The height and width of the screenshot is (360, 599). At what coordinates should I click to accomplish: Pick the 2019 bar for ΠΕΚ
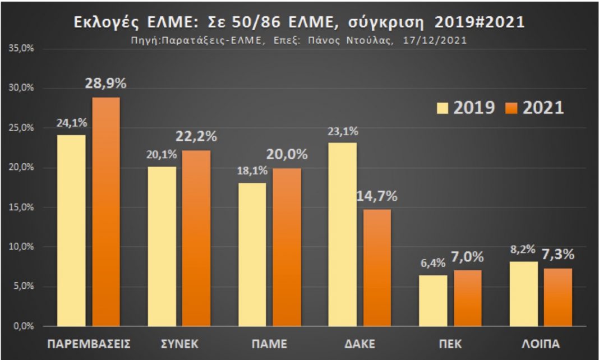pyautogui.click(x=434, y=301)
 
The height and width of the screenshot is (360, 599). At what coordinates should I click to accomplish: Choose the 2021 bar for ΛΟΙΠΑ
pyautogui.click(x=559, y=297)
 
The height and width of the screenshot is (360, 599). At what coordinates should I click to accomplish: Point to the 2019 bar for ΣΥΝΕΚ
pyautogui.click(x=162, y=246)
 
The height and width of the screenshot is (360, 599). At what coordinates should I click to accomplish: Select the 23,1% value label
pyautogui.click(x=342, y=131)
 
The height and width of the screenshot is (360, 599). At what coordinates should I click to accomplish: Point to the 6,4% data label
pyautogui.click(x=434, y=262)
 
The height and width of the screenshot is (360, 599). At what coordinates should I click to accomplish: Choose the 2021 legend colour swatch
pyautogui.click(x=510, y=108)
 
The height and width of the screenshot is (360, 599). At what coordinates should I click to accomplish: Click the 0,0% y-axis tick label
pyautogui.click(x=24, y=326)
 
